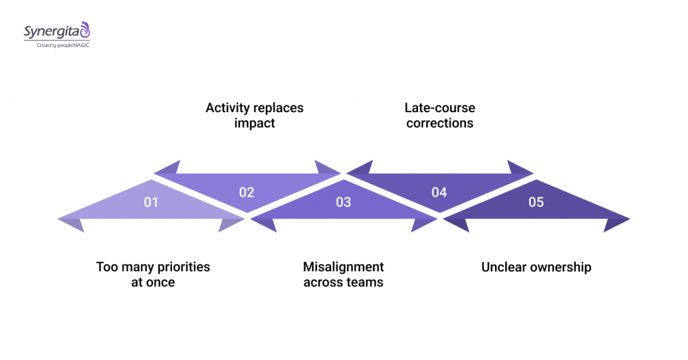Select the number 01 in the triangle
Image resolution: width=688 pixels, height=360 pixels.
pyautogui.click(x=151, y=201)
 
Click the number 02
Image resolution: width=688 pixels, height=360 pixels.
pyautogui.click(x=247, y=192)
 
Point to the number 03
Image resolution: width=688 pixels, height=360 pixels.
pyautogui.click(x=343, y=201)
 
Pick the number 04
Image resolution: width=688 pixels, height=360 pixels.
pyautogui.click(x=439, y=192)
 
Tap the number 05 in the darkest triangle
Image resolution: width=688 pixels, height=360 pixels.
pyautogui.click(x=535, y=201)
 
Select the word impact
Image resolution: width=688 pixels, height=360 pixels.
pyautogui.click(x=255, y=124)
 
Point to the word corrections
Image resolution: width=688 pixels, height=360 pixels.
pyautogui.click(x=440, y=124)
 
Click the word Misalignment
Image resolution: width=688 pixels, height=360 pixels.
pyautogui.click(x=343, y=267)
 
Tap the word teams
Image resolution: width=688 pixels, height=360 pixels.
pyautogui.click(x=363, y=283)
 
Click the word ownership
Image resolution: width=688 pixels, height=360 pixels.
pyautogui.click(x=560, y=267)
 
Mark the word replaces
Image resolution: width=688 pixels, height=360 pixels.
pyautogui.click(x=278, y=108)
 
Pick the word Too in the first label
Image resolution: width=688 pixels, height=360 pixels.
pyautogui.click(x=107, y=267)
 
